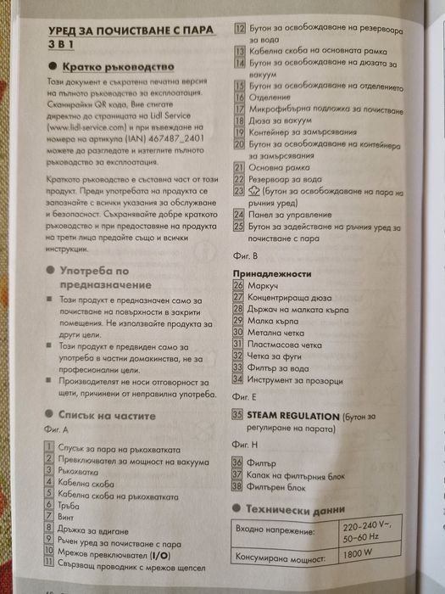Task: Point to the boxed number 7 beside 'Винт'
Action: pyautogui.click(x=51, y=515)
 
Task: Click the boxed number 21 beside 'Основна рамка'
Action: pyautogui.click(x=239, y=168)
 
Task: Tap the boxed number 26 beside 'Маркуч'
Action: pyautogui.click(x=238, y=286)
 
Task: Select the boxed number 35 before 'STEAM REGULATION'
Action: pyautogui.click(x=238, y=414)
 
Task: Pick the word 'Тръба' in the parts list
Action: pyautogui.click(x=70, y=504)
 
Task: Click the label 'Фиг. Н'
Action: pyautogui.click(x=243, y=443)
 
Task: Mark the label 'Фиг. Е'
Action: pyautogui.click(x=243, y=396)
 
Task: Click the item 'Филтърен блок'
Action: pyautogui.click(x=275, y=486)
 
